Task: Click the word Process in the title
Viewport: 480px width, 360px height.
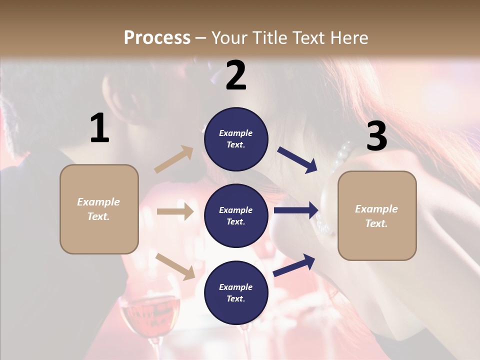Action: click(157, 37)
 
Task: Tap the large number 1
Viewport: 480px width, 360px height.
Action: click(99, 128)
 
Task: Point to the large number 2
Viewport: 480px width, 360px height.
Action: click(236, 75)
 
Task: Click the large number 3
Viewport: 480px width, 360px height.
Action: click(376, 136)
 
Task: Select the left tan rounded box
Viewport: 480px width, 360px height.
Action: click(99, 209)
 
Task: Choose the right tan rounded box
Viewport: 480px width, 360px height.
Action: click(377, 216)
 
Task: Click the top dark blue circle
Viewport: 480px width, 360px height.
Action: click(236, 139)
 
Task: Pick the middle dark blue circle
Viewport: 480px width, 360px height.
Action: click(236, 215)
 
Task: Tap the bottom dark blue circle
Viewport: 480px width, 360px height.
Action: click(236, 292)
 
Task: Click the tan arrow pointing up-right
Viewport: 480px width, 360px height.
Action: click(174, 159)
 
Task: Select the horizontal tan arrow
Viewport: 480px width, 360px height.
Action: click(175, 211)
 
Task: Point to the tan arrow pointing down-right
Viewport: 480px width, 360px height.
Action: click(175, 266)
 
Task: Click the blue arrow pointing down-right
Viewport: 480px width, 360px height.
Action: click(297, 160)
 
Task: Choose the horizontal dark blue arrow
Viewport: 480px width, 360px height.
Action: click(296, 210)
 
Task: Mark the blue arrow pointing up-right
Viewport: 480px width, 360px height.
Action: click(294, 265)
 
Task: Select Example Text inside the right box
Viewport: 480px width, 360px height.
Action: click(376, 216)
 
